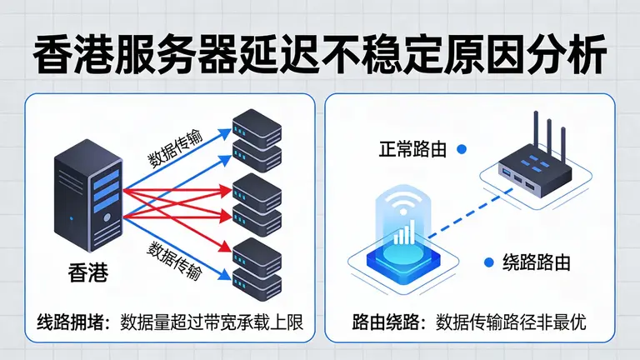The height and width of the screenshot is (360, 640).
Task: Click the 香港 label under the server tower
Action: [89, 272]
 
